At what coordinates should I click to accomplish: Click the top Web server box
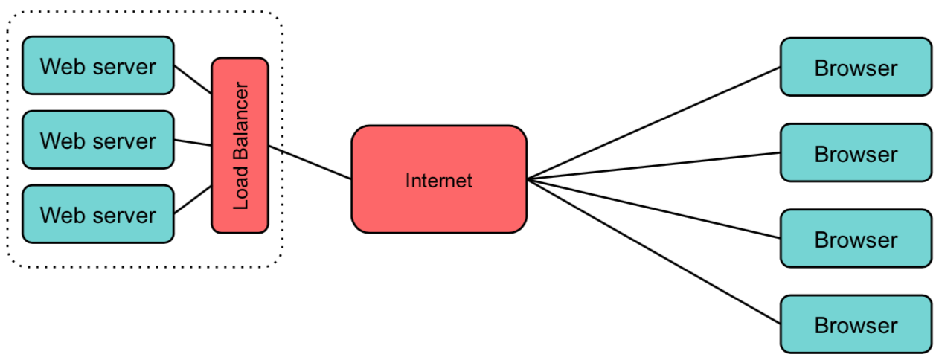[x=98, y=65]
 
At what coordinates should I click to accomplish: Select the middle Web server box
[x=98, y=140]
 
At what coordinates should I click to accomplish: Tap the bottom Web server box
[x=98, y=214]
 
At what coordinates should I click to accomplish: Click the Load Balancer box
[x=240, y=146]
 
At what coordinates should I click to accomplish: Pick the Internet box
[x=439, y=179]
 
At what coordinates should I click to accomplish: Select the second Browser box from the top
[x=856, y=152]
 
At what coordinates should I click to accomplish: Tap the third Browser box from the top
[x=856, y=239]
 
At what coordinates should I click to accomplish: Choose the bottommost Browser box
[x=856, y=324]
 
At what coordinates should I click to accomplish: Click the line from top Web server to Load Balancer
[x=193, y=80]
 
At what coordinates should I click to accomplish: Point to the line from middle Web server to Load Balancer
[x=193, y=143]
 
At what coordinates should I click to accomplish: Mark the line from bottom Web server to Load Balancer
[x=193, y=199]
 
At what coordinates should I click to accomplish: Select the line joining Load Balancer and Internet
[x=310, y=163]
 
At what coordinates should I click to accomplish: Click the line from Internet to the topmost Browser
[x=653, y=123]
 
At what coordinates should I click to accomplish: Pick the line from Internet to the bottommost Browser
[x=653, y=251]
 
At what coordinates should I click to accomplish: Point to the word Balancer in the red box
[x=240, y=121]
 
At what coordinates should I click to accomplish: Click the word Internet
[x=439, y=181]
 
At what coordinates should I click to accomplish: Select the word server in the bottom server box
[x=124, y=216]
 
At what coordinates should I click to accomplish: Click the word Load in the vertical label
[x=240, y=187]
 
